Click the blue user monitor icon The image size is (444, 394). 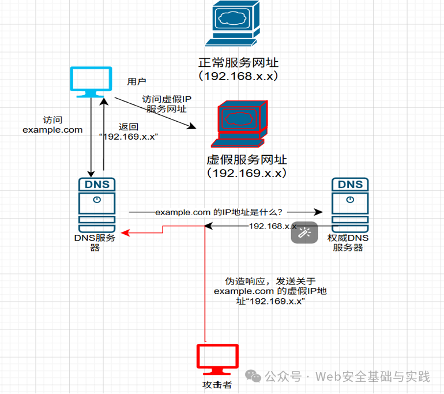(x=91, y=82)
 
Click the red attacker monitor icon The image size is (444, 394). (x=217, y=359)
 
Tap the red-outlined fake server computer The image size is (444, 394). (x=239, y=124)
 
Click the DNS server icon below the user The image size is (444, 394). (x=97, y=205)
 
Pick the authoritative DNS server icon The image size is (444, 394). (x=350, y=205)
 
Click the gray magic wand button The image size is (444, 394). (x=304, y=232)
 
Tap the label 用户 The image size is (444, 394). (x=137, y=81)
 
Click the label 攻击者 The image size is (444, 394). (x=217, y=385)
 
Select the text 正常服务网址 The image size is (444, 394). (x=238, y=63)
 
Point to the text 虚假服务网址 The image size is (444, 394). (x=247, y=160)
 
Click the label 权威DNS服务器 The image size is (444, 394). (x=348, y=242)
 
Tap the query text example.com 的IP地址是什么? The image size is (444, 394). (x=219, y=212)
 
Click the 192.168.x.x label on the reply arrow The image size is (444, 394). (x=273, y=226)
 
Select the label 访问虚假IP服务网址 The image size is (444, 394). (x=167, y=104)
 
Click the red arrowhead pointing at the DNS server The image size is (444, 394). (x=125, y=233)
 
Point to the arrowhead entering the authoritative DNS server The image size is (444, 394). (x=319, y=212)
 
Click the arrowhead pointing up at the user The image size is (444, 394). (x=104, y=102)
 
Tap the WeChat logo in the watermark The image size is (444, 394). (x=253, y=376)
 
